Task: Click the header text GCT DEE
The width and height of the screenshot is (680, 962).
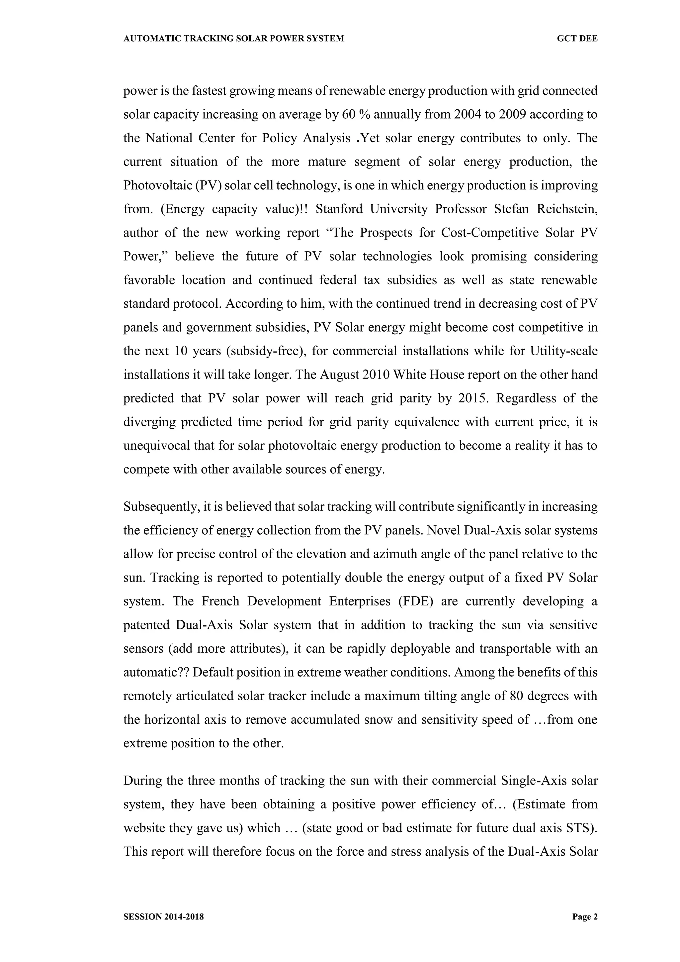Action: (x=577, y=39)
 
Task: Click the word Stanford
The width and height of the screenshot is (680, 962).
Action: (x=339, y=209)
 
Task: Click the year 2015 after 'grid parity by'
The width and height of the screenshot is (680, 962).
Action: (x=473, y=398)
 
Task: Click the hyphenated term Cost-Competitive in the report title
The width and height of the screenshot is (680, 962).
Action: (x=489, y=233)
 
